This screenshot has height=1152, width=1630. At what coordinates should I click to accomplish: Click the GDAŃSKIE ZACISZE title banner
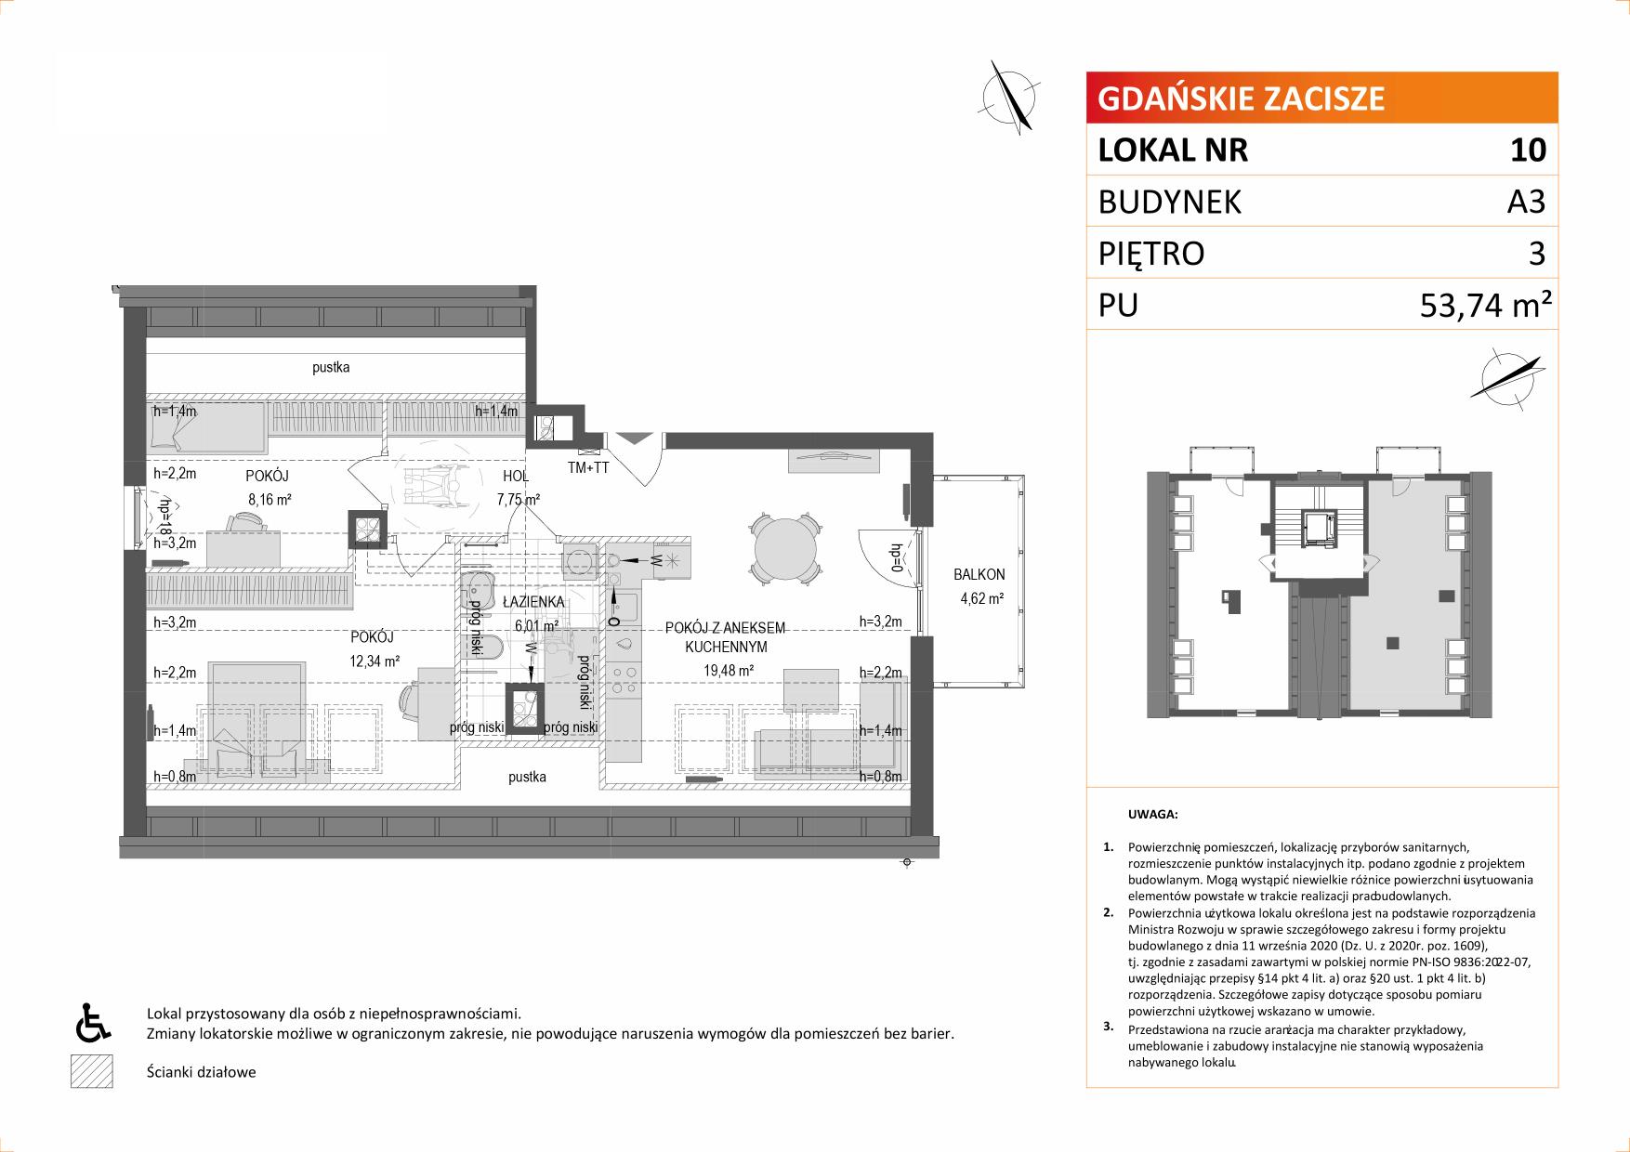1322,98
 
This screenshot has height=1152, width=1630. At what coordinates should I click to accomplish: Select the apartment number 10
1529,150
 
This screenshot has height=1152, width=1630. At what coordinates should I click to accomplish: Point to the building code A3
1526,202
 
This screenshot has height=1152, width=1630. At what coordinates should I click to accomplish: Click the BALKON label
979,575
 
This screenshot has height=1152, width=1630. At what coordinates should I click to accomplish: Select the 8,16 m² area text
270,499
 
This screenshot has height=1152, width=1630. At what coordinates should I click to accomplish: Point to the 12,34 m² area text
375,661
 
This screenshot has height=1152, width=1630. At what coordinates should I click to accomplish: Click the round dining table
786,550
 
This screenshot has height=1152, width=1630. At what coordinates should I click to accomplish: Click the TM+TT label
588,468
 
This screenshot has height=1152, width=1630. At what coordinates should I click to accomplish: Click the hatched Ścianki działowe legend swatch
91,1072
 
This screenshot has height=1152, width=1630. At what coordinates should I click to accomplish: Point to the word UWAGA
1152,815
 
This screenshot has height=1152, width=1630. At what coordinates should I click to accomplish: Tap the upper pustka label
331,368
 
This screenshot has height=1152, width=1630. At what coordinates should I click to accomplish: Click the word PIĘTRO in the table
1151,254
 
